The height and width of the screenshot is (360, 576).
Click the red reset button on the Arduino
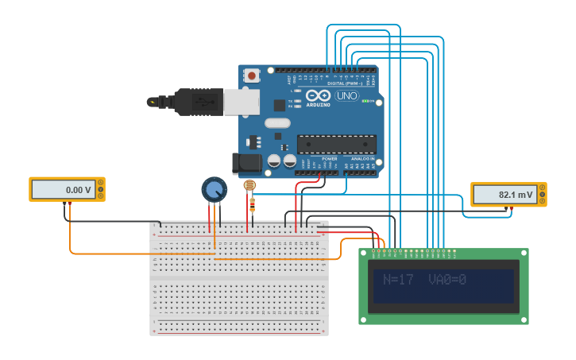tap(252, 75)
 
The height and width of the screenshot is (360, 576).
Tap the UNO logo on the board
tap(346, 95)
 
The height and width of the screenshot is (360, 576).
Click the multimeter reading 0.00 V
tap(67, 190)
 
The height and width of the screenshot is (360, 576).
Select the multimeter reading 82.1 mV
tap(508, 195)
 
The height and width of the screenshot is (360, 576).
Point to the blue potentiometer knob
tap(213, 189)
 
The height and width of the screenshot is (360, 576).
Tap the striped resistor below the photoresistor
tap(253, 205)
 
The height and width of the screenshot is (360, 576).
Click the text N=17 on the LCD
tap(398, 280)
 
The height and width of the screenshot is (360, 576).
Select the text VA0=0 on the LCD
tap(447, 280)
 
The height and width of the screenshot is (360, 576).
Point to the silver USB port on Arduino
tap(241, 102)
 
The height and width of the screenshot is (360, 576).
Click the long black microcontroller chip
tap(336, 144)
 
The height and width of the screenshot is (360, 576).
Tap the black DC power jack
tap(246, 164)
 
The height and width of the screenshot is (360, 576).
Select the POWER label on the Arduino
tap(329, 159)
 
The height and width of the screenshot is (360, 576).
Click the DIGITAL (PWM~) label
tap(345, 83)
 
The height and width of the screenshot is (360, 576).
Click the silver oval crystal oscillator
tap(277, 123)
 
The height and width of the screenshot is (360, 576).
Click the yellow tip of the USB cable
tap(150, 102)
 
